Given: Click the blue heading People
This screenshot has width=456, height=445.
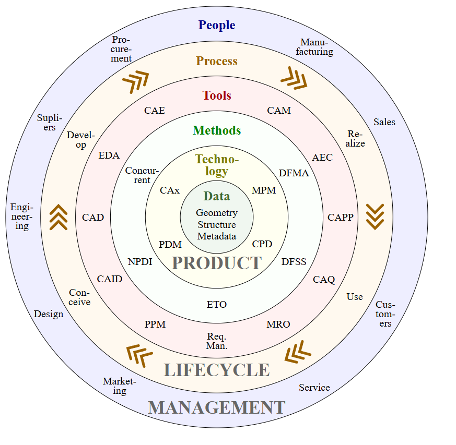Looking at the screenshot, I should pyautogui.click(x=217, y=25).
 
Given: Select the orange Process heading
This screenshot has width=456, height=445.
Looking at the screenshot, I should pyautogui.click(x=217, y=61).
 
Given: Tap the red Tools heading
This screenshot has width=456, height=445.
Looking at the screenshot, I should pyautogui.click(x=217, y=95).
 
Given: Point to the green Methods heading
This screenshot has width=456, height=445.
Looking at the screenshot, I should pyautogui.click(x=217, y=130).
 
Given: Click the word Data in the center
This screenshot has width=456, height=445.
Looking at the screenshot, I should pyautogui.click(x=217, y=196).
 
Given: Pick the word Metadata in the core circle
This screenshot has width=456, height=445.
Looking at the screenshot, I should pyautogui.click(x=217, y=236).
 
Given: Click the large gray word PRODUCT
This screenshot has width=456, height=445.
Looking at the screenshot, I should pyautogui.click(x=217, y=263).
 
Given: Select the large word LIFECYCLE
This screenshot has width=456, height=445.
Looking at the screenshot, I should pyautogui.click(x=217, y=370).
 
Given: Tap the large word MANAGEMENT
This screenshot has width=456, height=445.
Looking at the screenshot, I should pyautogui.click(x=217, y=407).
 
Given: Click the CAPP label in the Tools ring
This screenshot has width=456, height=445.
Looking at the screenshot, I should pyautogui.click(x=341, y=218).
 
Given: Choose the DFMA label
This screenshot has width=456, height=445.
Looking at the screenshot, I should pyautogui.click(x=294, y=173).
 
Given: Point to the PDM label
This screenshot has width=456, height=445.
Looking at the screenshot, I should pyautogui.click(x=170, y=244).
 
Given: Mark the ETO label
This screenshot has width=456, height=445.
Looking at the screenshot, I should pyautogui.click(x=217, y=304).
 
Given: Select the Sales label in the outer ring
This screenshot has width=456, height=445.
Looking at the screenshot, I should pyautogui.click(x=384, y=122).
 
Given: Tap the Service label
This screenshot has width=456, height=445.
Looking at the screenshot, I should pyautogui.click(x=314, y=388).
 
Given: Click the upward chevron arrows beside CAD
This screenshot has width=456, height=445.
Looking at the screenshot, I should pyautogui.click(x=59, y=217).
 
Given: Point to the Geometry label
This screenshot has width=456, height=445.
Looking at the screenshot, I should pyautogui.click(x=217, y=213).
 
